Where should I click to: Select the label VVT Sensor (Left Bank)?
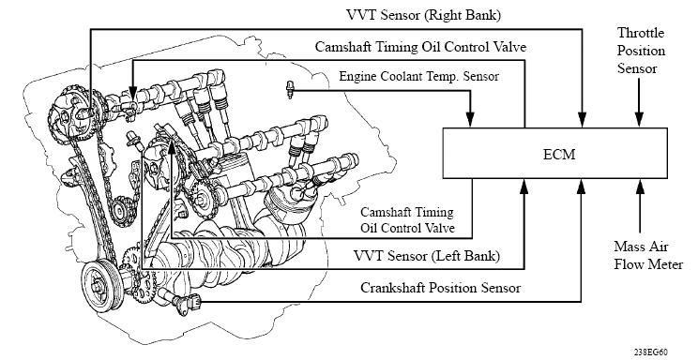click(426, 256)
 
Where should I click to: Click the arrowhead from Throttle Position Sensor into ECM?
click(638, 119)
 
